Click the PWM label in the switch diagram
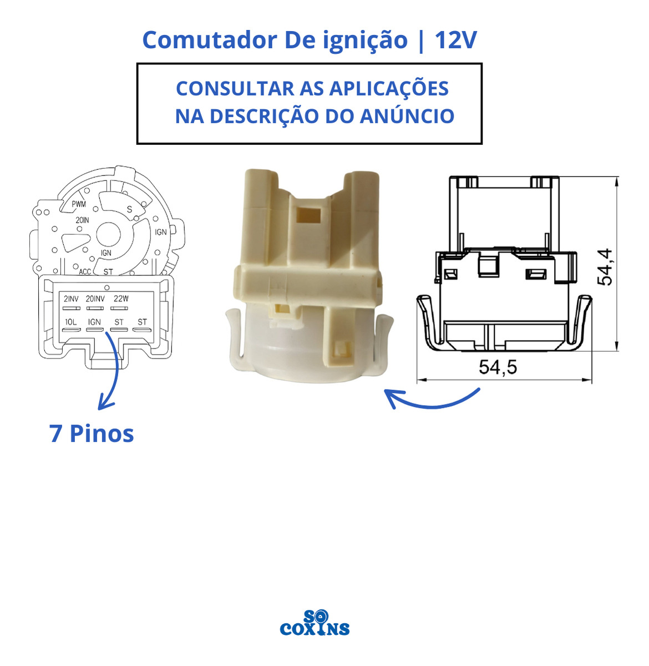(79, 204)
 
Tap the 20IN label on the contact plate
(82, 220)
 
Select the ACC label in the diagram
(85, 271)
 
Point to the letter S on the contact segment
(129, 209)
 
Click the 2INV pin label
(71, 299)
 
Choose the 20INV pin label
(95, 299)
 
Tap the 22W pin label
(121, 299)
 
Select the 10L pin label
(71, 322)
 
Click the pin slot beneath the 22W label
(119, 308)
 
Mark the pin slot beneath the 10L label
(71, 330)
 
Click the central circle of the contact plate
(109, 234)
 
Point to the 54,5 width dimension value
(498, 367)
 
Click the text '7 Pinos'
(92, 433)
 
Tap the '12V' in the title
(455, 40)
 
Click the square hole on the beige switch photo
(308, 216)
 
